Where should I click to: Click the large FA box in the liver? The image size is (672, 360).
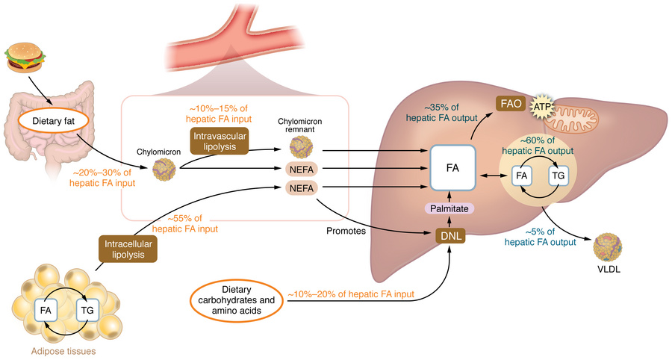452,168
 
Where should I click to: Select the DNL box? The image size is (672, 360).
451,236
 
